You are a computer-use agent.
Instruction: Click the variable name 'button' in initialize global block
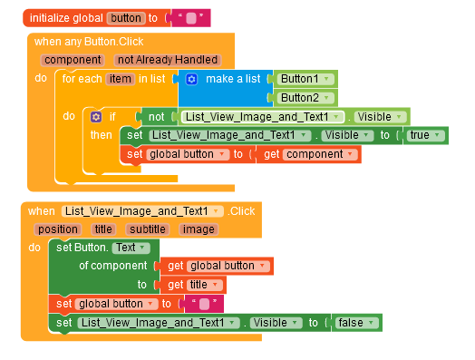click(126, 17)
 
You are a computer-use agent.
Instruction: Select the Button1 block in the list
click(304, 79)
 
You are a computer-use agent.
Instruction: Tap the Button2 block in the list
click(304, 97)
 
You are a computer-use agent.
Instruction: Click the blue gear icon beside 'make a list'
click(191, 80)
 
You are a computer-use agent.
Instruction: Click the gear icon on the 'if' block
click(96, 117)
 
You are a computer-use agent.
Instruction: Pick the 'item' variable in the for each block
click(120, 80)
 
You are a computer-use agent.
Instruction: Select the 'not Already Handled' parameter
click(167, 60)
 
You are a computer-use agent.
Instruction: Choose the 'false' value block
click(354, 322)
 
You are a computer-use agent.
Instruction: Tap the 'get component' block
click(308, 154)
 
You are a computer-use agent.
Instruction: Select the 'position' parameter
click(58, 229)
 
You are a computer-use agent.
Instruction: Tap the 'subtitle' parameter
click(146, 229)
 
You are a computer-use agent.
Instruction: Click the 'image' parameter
click(198, 229)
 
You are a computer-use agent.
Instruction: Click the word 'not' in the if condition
click(156, 117)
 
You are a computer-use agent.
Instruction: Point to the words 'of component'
click(112, 266)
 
